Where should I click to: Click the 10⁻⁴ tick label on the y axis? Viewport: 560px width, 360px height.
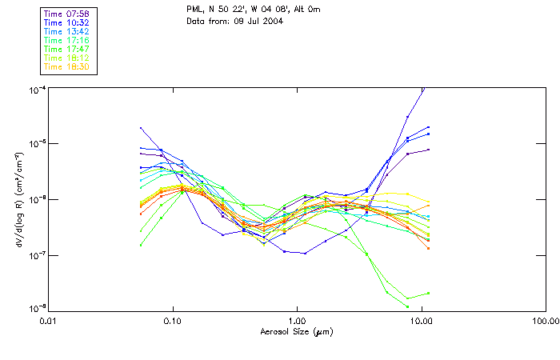pos(36,88)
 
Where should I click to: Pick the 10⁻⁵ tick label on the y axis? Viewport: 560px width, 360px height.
pos(36,143)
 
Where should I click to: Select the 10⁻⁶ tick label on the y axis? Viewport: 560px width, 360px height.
pos(36,199)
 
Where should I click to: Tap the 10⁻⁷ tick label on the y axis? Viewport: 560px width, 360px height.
pos(36,254)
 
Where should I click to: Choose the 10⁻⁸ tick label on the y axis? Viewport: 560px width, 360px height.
pos(36,309)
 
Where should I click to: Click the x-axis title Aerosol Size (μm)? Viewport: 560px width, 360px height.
pos(297,331)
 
